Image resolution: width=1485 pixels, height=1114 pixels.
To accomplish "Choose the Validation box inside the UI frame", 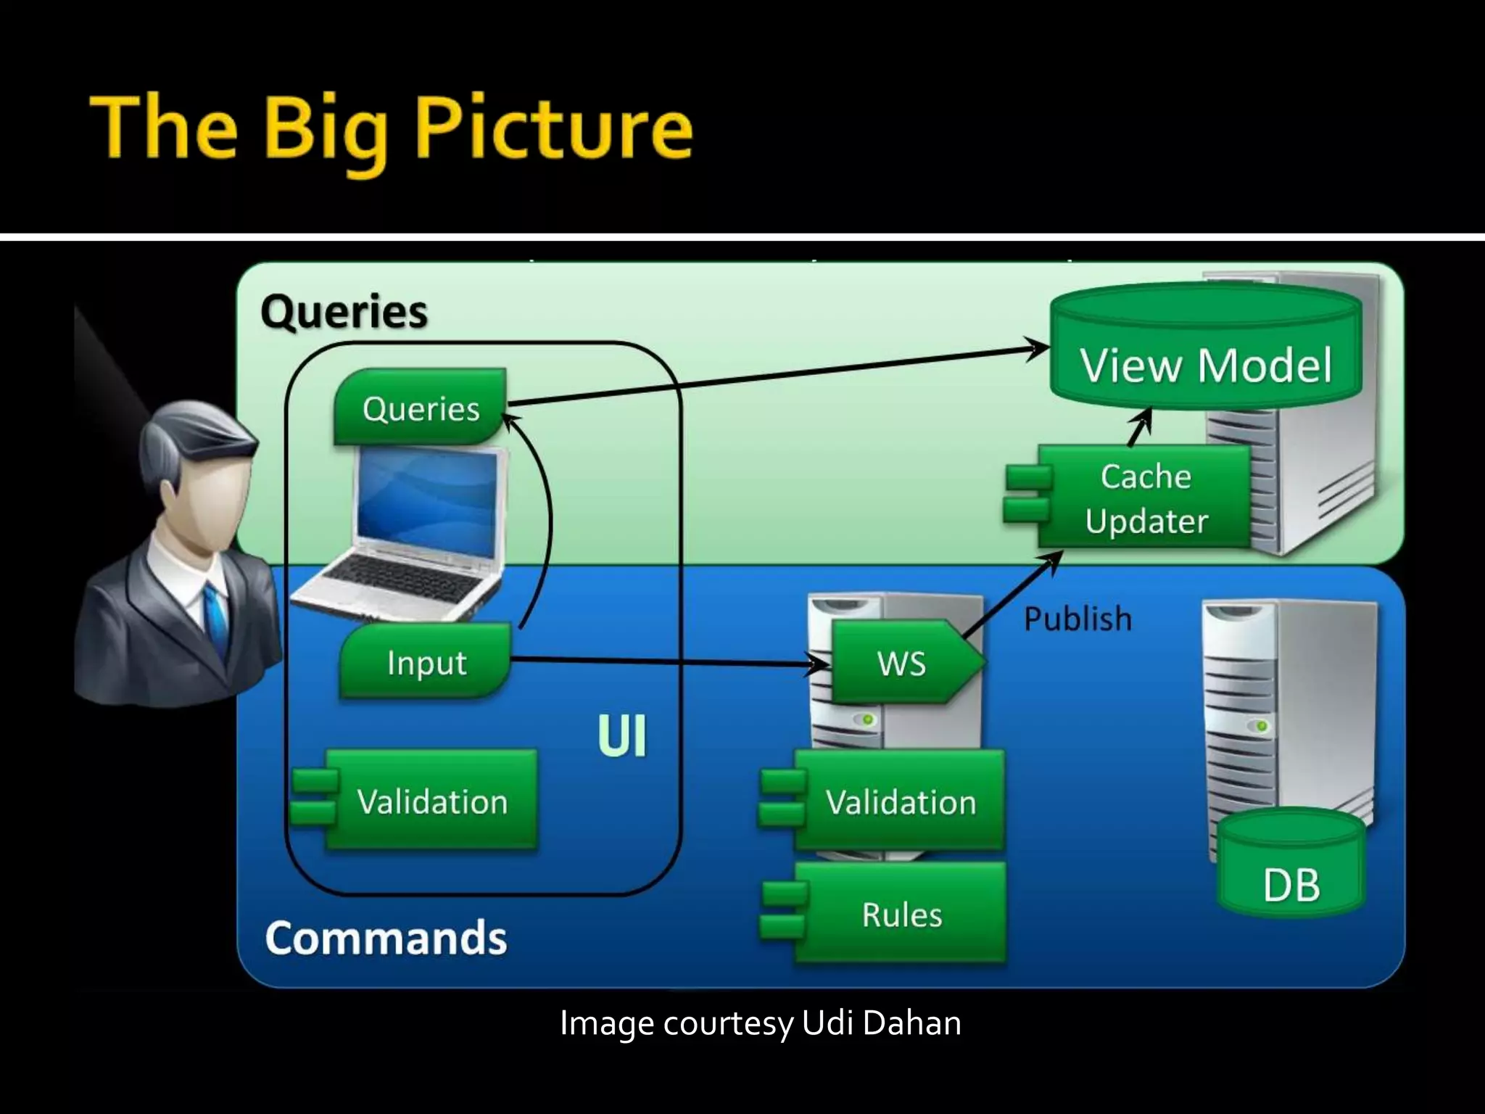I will point(431,801).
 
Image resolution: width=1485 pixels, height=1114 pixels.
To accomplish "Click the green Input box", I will point(426,662).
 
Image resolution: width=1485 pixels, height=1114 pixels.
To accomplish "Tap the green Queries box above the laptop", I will point(421,408).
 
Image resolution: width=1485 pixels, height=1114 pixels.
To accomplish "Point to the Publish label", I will point(1077,619).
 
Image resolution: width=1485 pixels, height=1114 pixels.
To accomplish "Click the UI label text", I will point(621,737).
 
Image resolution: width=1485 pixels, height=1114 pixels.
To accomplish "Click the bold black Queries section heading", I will point(344,312).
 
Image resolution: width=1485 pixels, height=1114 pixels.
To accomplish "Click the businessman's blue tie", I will point(215,616).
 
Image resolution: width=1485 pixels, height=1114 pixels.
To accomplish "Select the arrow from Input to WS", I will point(667,661).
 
